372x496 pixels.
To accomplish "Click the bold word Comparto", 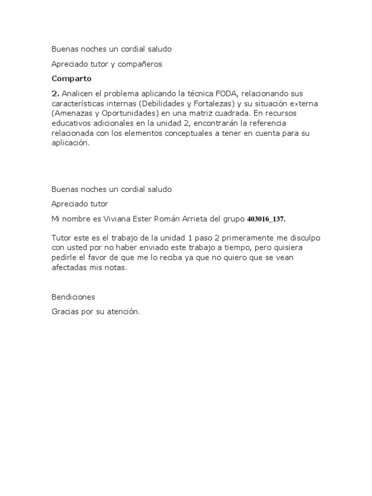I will coord(72,78).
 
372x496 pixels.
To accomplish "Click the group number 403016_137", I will coord(266,219).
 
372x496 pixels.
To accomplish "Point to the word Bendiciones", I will coord(74,296).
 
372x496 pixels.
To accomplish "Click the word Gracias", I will coord(66,312).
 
